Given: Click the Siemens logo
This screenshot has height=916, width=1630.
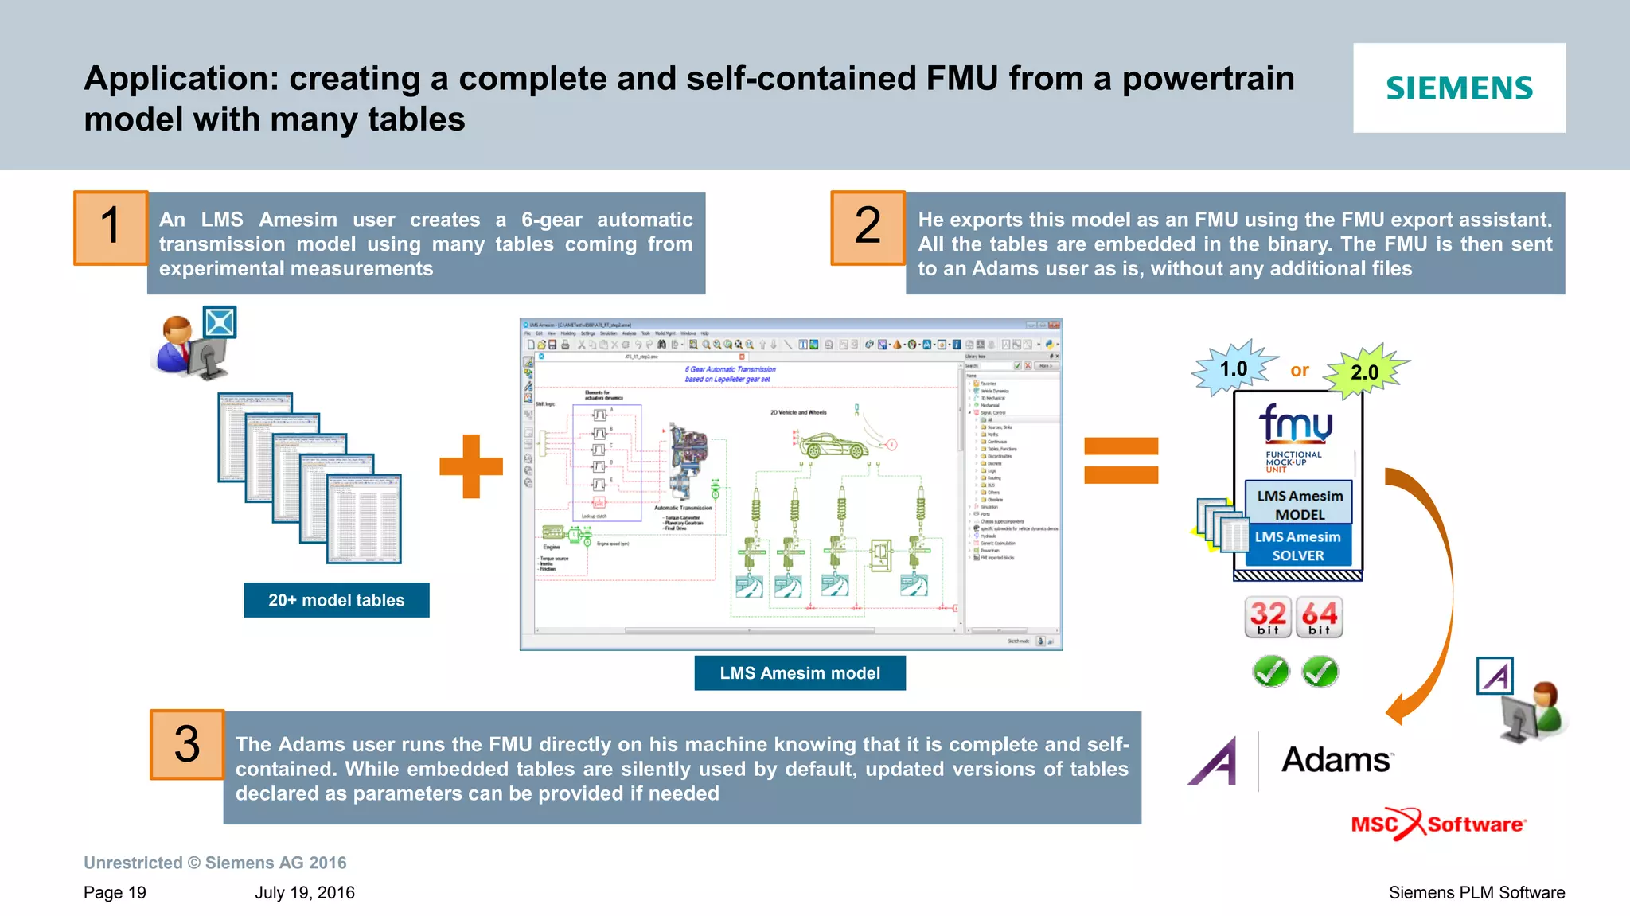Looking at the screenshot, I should coord(1458,88).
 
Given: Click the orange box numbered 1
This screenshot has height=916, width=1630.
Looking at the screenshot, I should coord(111,228).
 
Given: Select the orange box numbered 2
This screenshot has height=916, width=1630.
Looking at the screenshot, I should coord(868,228).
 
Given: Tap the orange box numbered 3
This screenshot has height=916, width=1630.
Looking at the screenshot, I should coord(187,745).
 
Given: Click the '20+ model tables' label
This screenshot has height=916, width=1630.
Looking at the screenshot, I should coord(336,600).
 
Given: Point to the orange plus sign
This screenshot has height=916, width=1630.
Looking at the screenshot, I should coord(471,466).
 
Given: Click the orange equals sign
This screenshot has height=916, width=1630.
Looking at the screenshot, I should coord(1121,461).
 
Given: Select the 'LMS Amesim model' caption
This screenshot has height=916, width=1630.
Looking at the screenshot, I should coord(799,673).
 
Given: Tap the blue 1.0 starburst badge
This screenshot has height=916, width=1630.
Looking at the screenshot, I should coord(1234,368).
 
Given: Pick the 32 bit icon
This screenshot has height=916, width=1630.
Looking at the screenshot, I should coord(1268,617).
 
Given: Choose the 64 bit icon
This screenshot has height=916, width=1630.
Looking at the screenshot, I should coord(1319,617).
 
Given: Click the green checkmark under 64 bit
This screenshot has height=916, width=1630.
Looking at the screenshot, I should coord(1320,672).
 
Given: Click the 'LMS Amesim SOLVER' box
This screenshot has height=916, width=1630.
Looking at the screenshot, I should coord(1297,546).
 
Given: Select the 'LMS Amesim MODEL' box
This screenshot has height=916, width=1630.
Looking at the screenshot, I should coord(1299,505).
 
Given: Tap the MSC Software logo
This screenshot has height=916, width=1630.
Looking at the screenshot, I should coord(1437,824).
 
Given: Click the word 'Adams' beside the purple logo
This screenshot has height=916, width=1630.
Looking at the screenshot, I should coord(1336,760).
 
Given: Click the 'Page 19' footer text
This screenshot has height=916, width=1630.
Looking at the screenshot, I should coord(115,892).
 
